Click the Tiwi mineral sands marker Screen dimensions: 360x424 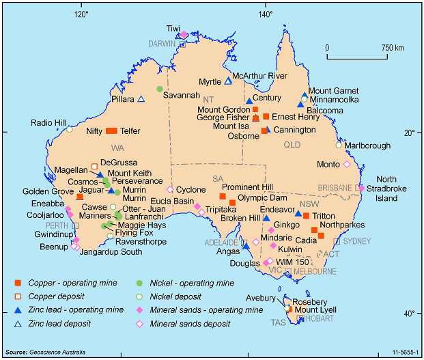coord(184,34)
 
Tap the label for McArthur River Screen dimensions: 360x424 coord(259,76)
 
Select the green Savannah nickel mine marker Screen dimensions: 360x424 coord(159,89)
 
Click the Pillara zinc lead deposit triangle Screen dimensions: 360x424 coord(141,99)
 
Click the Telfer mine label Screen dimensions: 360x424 coord(134,130)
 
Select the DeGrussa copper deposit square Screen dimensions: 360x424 coord(94,166)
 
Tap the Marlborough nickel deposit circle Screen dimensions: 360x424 coord(338,145)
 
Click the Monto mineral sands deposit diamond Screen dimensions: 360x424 coord(346,164)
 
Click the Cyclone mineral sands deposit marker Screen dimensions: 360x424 coord(169,189)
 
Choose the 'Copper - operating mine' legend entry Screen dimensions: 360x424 coord(74,283)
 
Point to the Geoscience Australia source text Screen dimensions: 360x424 coord(45,352)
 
